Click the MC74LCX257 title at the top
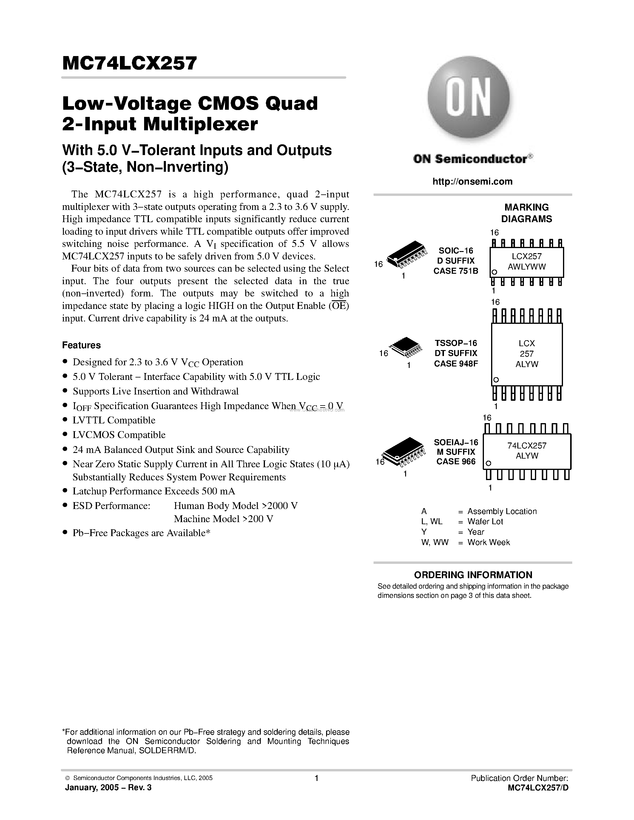coord(129,63)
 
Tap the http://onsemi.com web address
coord(472,182)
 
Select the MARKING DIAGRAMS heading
coord(527,213)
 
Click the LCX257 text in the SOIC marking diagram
coord(527,256)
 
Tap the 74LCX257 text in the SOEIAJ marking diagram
coord(527,446)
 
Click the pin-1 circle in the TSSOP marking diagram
coord(496,380)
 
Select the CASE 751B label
coord(456,271)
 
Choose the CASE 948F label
coord(456,363)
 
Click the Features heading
coord(81,345)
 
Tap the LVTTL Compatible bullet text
coord(114,420)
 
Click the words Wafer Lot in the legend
coord(485,522)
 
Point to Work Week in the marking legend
coord(488,542)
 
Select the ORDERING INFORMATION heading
coord(473,575)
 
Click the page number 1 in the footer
coord(317,778)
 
